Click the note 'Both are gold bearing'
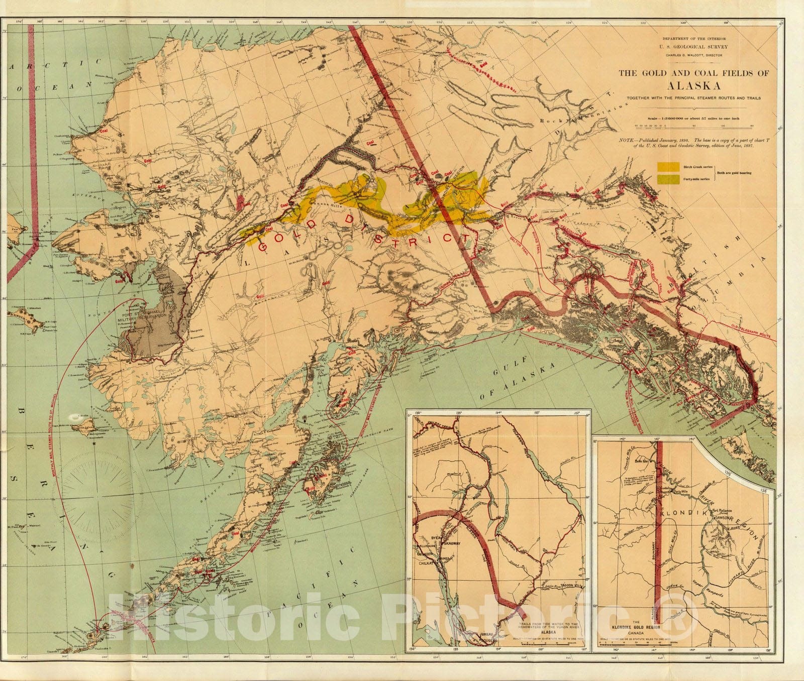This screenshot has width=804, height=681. (x=734, y=173)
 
